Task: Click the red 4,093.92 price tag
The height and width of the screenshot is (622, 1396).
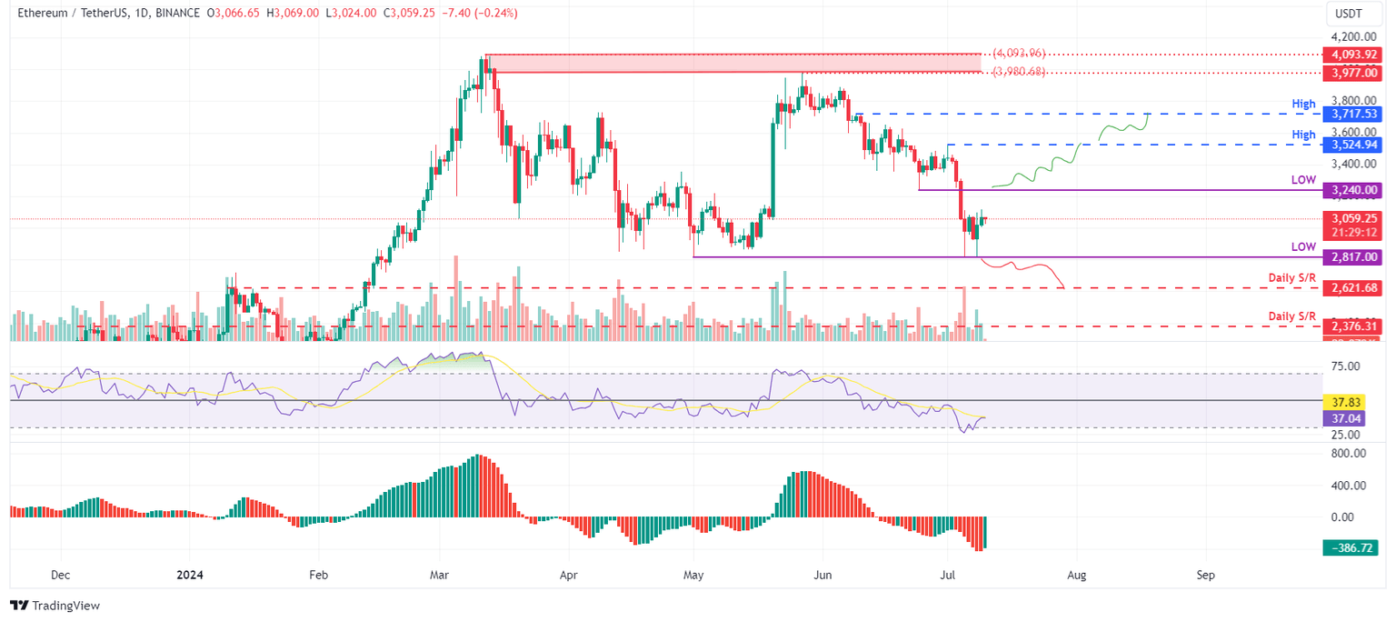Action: click(1353, 54)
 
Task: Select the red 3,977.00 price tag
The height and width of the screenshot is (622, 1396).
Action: click(1353, 71)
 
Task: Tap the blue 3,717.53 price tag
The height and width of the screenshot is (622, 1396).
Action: click(1353, 114)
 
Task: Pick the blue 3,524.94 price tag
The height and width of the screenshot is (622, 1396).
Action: click(1353, 145)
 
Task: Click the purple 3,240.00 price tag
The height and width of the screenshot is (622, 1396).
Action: click(1353, 190)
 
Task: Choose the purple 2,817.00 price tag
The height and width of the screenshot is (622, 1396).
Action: click(1353, 257)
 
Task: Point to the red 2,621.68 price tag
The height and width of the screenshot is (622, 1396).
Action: click(1353, 287)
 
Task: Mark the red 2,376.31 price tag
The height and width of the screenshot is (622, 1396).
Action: click(1353, 326)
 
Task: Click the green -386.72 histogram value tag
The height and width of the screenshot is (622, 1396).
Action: click(1353, 547)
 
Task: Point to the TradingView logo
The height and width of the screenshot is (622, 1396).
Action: click(55, 605)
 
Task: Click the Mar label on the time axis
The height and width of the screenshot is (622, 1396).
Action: click(438, 575)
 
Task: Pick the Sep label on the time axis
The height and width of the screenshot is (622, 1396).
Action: click(1206, 575)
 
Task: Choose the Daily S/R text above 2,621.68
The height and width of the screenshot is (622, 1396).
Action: click(1291, 277)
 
